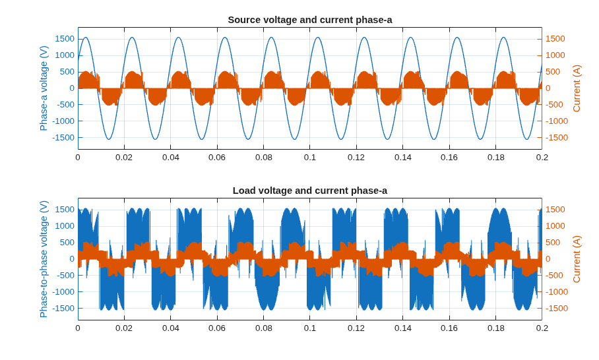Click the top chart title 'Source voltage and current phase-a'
pos(310,20)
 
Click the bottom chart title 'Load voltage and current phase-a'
pos(310,191)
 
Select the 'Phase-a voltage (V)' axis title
pos(44,88)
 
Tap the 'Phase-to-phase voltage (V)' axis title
pos(44,259)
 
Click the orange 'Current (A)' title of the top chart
pos(577,88)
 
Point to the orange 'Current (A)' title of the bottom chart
pos(577,259)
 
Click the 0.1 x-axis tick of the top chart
pos(310,158)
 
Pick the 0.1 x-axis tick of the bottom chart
pos(310,328)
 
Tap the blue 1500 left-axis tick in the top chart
pos(65,38)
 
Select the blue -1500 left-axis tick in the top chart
pos(63,137)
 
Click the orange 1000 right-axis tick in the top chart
pos(555,55)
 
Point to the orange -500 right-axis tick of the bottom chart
pos(554,275)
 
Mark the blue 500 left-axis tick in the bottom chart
pos(67,243)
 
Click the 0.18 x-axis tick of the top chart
pos(496,158)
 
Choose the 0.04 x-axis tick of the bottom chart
pos(171,328)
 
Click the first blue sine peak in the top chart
pos(85,38)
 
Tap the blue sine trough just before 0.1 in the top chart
pos(294,139)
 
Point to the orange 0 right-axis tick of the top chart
pos(548,88)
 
